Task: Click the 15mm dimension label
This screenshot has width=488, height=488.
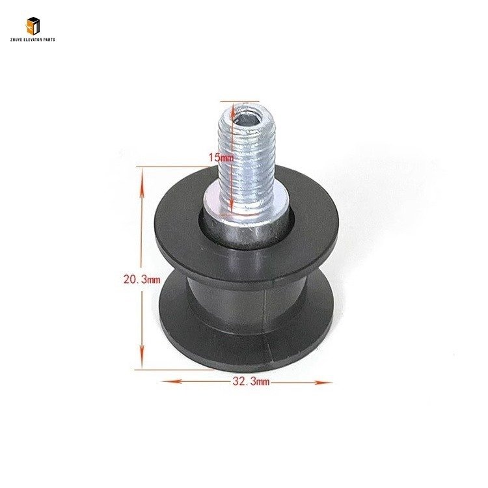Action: click(x=221, y=157)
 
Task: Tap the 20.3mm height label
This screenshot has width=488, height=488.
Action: click(x=142, y=279)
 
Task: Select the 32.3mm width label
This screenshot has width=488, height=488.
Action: click(x=251, y=381)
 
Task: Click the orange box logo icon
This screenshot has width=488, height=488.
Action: click(x=33, y=26)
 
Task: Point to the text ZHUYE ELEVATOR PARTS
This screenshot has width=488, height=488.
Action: click(x=33, y=40)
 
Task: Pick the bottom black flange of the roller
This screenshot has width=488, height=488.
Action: click(x=246, y=342)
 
